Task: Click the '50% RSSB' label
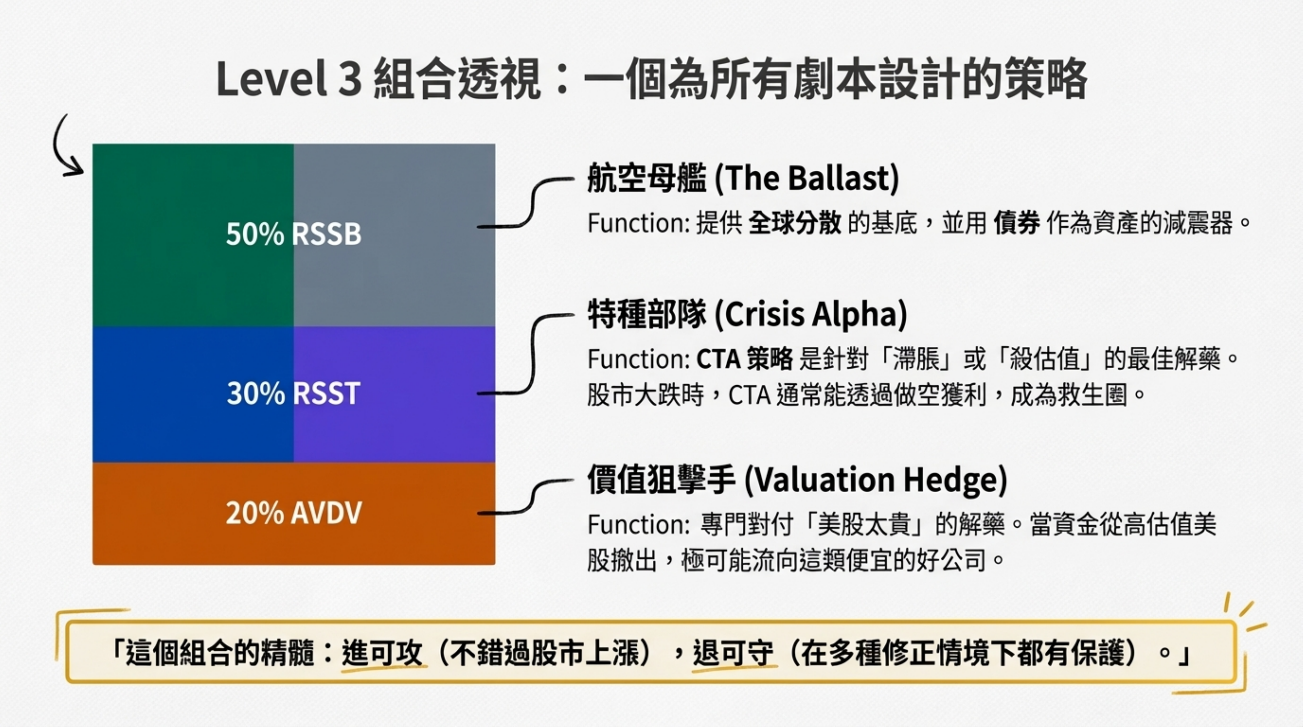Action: [293, 234]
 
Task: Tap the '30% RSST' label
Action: [293, 393]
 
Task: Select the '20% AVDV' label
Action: [293, 513]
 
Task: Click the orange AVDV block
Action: [293, 513]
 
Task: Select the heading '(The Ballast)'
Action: [806, 179]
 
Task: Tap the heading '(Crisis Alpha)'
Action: [810, 314]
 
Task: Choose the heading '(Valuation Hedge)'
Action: [876, 479]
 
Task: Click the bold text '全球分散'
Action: [794, 223]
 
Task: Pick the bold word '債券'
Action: [1017, 223]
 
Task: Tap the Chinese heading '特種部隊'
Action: [647, 314]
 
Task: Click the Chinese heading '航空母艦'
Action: [647, 179]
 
